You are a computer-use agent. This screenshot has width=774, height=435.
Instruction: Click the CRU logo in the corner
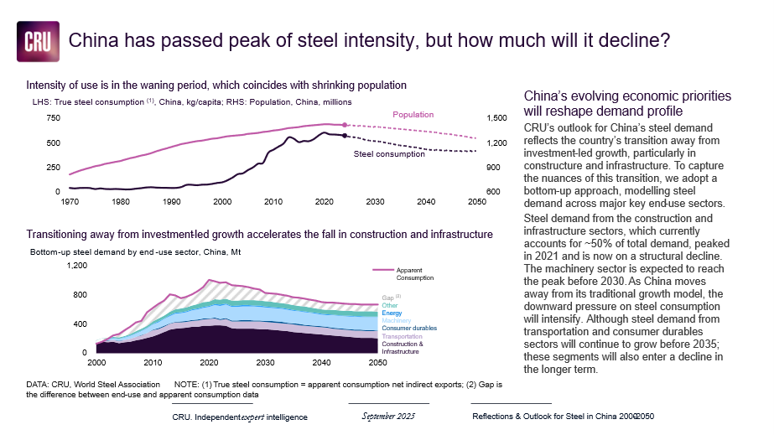(x=38, y=41)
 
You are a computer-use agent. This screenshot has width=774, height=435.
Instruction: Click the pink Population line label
(x=413, y=114)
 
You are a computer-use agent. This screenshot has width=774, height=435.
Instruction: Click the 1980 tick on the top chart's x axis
(x=120, y=202)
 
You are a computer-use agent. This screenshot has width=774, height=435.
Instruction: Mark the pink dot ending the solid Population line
(x=345, y=125)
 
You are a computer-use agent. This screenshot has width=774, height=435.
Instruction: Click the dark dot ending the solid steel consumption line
(x=345, y=135)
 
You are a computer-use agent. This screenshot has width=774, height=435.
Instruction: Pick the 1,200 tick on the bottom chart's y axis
(x=76, y=266)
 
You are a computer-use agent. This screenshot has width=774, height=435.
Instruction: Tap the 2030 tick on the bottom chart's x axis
(x=266, y=362)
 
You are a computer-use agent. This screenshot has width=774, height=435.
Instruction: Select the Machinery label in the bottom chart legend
(x=397, y=320)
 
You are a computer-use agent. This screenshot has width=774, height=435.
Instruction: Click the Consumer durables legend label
(x=409, y=328)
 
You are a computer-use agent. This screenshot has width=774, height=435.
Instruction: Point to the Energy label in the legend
(x=392, y=313)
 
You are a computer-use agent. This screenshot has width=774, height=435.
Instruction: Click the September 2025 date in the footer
(x=388, y=416)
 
